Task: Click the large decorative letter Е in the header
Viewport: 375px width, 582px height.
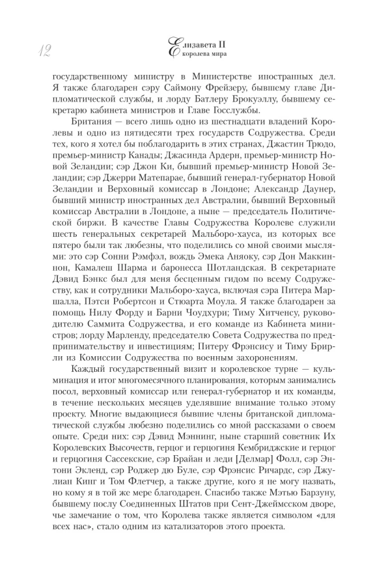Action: pos(174,48)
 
